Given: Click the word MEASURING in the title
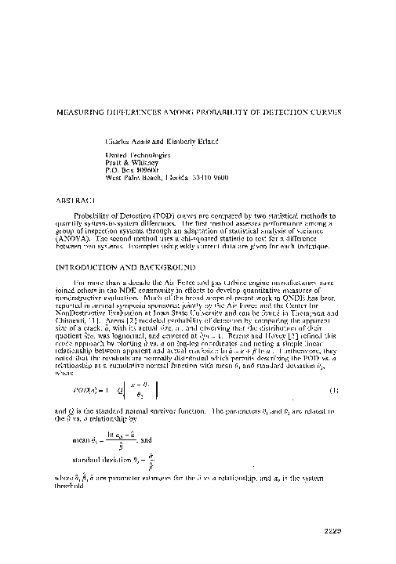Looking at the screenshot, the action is point(77,112).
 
